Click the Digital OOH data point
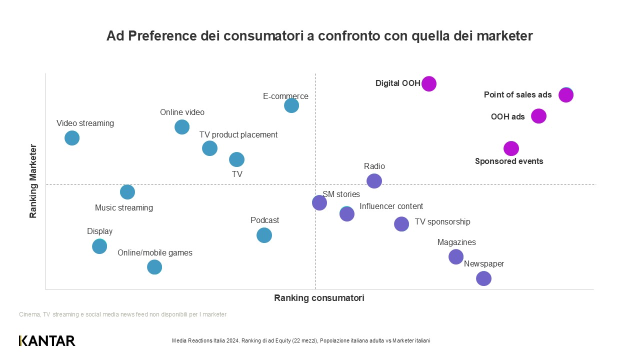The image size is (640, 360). tap(429, 83)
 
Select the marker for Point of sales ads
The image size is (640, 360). tap(565, 94)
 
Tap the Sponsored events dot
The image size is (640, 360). tap(510, 148)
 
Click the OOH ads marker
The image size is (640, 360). tap(538, 116)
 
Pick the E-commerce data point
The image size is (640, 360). tap(291, 105)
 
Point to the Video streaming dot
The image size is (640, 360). tap(72, 138)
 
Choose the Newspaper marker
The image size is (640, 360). tap(483, 278)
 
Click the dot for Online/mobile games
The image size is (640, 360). tap(154, 267)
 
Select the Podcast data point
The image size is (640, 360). tap(264, 235)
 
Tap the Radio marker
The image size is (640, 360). tap(374, 181)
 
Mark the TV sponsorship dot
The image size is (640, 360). tap(401, 224)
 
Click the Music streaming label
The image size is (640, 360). tap(124, 207)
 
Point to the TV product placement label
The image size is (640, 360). tap(238, 134)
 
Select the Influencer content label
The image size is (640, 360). tap(391, 206)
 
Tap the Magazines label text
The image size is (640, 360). tap(456, 242)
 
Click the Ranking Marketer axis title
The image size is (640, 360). tap(33, 181)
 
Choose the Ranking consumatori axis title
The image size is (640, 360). tap(319, 298)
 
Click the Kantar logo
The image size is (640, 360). tap(47, 340)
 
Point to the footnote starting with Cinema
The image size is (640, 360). tap(122, 314)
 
